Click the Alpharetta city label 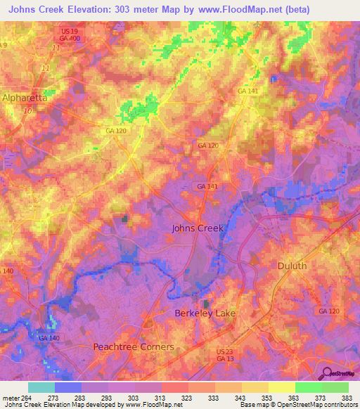pyautogui.click(x=25, y=98)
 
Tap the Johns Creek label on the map pyautogui.click(x=198, y=228)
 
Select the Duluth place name pyautogui.click(x=292, y=266)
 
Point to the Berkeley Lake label pyautogui.click(x=205, y=313)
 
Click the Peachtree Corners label pyautogui.click(x=134, y=347)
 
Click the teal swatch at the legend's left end pyautogui.click(x=41, y=387)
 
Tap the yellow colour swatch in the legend pyautogui.click(x=282, y=387)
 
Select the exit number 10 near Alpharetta pyautogui.click(x=28, y=111)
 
